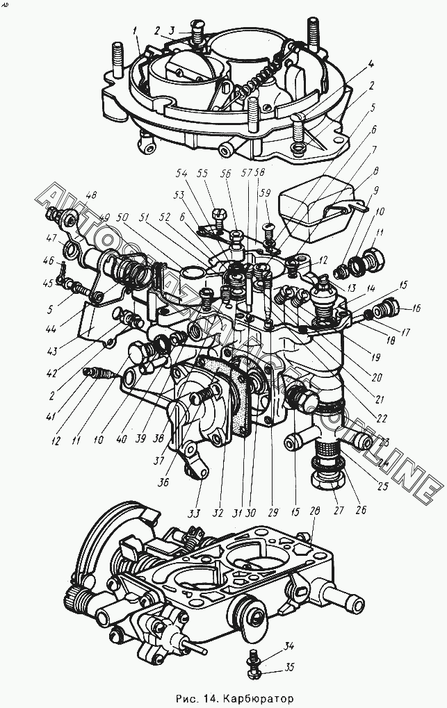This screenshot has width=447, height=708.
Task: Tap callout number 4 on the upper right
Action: click(x=371, y=63)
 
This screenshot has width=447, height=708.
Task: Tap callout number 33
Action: click(x=197, y=514)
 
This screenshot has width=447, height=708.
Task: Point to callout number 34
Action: click(x=289, y=647)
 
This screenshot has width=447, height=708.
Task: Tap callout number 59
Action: click(x=264, y=192)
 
